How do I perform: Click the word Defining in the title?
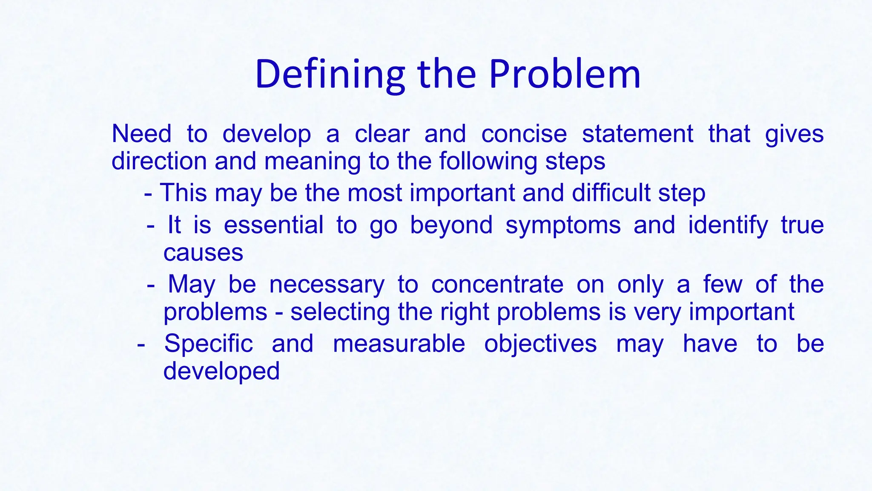coord(330,75)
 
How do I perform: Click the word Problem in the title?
coord(565,75)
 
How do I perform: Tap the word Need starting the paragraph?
coord(141,134)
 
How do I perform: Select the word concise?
coord(524,134)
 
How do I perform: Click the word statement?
coord(637,134)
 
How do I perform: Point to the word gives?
coord(794,134)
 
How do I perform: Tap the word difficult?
coord(611,193)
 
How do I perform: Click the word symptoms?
coord(563,225)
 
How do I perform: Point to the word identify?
coord(728,225)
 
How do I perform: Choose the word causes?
coord(203,253)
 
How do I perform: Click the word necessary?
coord(327,284)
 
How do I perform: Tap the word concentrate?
coord(497,284)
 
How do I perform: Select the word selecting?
coord(340,312)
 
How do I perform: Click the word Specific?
coord(208,344)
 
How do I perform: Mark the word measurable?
coord(399,344)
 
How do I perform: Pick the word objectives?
coord(540,344)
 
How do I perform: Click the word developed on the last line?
coord(221,371)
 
